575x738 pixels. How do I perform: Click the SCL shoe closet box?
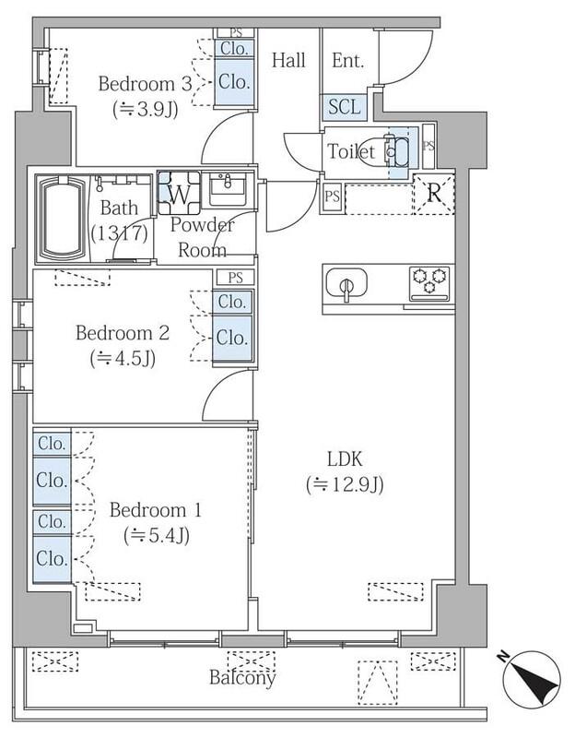tap(344, 107)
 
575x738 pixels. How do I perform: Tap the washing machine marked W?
tap(179, 193)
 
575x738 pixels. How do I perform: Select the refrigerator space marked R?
tap(433, 194)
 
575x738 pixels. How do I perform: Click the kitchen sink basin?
tap(346, 283)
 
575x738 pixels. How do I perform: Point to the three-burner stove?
tap(428, 283)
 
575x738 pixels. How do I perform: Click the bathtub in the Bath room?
tap(63, 218)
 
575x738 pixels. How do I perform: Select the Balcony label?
tap(242, 677)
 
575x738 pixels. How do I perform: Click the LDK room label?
tap(346, 458)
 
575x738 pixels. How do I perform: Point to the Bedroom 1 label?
tap(155, 510)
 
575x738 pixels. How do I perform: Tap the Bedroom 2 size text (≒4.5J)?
tap(123, 359)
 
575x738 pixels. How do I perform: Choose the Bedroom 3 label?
tap(146, 84)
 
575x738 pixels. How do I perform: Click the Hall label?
tap(288, 60)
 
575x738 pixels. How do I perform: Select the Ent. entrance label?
tap(348, 60)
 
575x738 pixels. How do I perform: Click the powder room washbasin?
tap(228, 189)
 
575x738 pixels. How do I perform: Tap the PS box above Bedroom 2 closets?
tap(235, 278)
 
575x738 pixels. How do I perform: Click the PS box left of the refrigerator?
tap(333, 196)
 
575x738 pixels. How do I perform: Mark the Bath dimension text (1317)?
tap(120, 233)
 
